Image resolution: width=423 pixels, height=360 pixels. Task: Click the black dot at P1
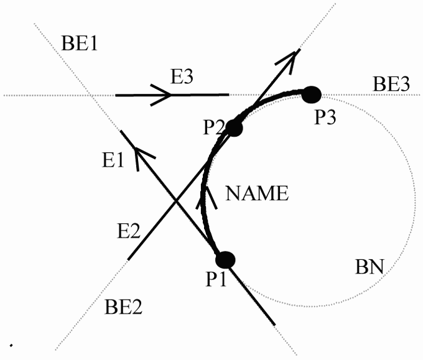[224, 259]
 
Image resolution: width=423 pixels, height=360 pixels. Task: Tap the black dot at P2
[234, 128]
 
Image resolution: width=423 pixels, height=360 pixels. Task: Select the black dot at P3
[311, 94]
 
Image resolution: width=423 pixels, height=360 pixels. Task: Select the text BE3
[391, 85]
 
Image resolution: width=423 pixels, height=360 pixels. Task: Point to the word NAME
[257, 194]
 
